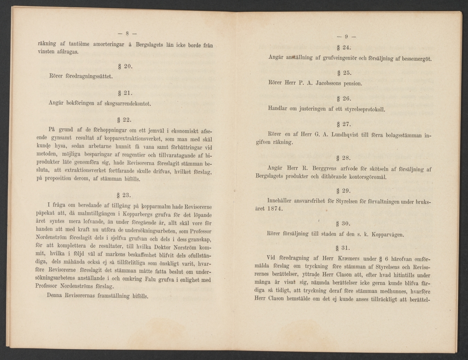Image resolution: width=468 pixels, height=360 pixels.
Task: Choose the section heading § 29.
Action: coord(344,191)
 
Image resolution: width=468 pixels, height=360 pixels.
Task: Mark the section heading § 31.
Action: coord(344,247)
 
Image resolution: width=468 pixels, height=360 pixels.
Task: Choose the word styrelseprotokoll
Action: coord(360,109)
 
